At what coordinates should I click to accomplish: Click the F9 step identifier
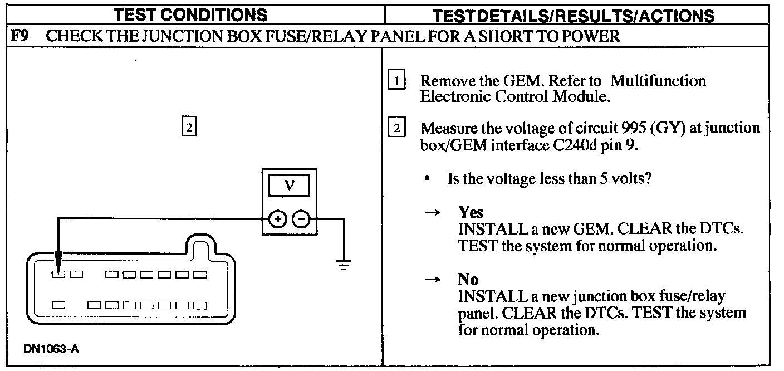click(x=20, y=37)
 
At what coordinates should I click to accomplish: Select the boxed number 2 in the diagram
click(x=189, y=128)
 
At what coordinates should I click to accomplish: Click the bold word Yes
click(x=471, y=212)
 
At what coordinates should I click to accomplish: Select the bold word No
click(x=468, y=279)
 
